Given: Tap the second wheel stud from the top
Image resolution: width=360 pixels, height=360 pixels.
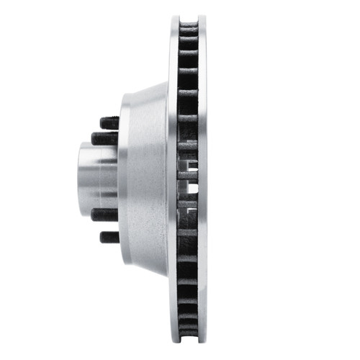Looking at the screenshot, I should (105, 137).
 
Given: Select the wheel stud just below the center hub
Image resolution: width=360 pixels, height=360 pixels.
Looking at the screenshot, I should (105, 215).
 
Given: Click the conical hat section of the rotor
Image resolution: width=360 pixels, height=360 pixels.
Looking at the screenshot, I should (151, 176).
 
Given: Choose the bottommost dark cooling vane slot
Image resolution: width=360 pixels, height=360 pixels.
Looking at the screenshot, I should (188, 329).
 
